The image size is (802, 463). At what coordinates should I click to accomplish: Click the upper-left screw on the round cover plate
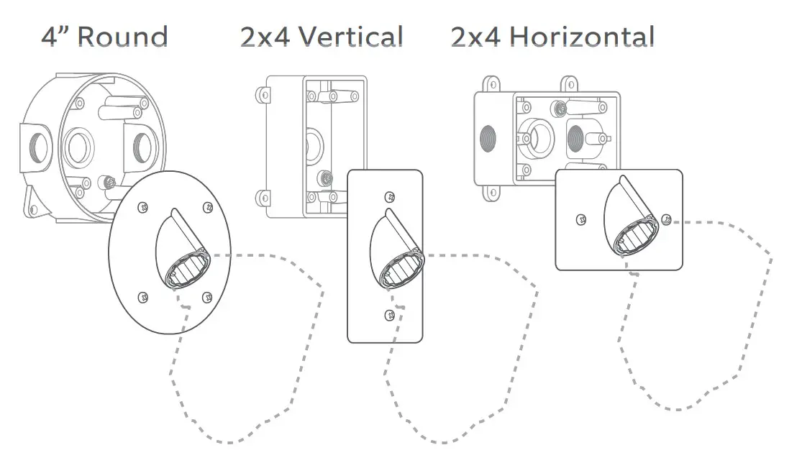coord(142,206)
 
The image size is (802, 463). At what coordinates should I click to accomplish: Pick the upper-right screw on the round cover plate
coord(207,207)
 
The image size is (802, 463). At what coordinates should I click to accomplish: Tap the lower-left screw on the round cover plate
coord(142,295)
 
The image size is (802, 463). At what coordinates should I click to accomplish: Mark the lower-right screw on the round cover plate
coord(207,295)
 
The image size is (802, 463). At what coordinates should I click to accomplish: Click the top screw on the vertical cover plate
coord(389,196)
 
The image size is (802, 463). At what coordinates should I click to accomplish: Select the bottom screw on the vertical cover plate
coord(388,313)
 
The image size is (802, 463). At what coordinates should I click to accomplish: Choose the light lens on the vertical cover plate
coord(398,270)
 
